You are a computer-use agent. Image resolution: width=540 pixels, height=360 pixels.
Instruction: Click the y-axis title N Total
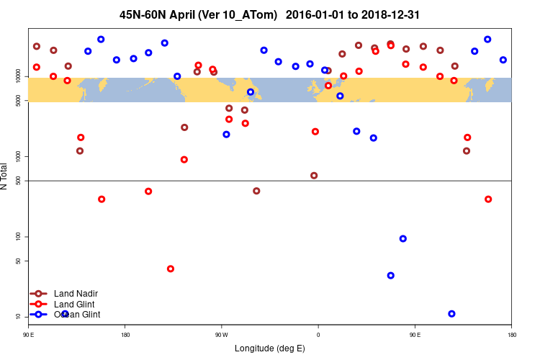pos(6,176)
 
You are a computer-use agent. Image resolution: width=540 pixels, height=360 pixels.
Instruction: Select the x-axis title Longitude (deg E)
pos(269,348)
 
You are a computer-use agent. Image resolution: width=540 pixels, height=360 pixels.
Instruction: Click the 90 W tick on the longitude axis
pos(221,335)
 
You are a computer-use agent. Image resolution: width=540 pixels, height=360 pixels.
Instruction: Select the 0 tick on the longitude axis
pos(318,335)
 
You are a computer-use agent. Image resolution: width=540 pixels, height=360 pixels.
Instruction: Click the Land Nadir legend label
pos(76,293)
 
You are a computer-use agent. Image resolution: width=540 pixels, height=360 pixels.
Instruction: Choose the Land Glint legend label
pos(74,304)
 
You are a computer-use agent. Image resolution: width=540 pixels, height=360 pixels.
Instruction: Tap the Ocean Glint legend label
pos(77,315)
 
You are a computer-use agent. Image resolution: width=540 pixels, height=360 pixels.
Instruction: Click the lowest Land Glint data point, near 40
pos(171,269)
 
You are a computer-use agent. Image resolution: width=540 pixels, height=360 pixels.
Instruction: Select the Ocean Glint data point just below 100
pos(402,238)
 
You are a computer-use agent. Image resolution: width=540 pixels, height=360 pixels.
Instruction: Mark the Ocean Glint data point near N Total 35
pos(390,275)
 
